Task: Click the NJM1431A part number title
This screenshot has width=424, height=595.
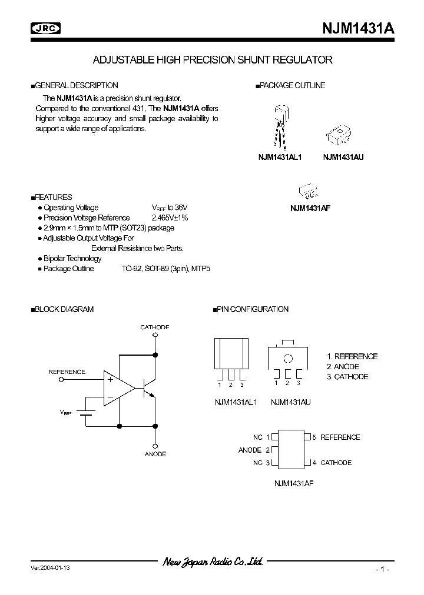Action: coord(357,28)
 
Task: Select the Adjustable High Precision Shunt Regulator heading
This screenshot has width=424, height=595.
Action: coord(213,60)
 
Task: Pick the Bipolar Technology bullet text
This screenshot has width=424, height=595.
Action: coord(72,258)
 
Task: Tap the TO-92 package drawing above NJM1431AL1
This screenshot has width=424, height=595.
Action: coord(280,126)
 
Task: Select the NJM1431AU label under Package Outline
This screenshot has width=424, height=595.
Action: coord(343,158)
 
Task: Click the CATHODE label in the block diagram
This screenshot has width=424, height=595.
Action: coord(155,327)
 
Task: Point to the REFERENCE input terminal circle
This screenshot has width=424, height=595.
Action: coord(62,380)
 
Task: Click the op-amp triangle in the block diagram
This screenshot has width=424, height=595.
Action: coord(118,388)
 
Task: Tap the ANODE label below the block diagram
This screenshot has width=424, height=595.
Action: coord(155,454)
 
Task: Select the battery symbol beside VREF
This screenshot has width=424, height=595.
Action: coord(87,413)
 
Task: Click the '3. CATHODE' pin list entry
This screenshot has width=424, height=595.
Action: coord(347,377)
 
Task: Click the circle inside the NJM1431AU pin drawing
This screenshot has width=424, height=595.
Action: coord(287,358)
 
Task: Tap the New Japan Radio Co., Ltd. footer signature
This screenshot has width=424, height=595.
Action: coord(213,562)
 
